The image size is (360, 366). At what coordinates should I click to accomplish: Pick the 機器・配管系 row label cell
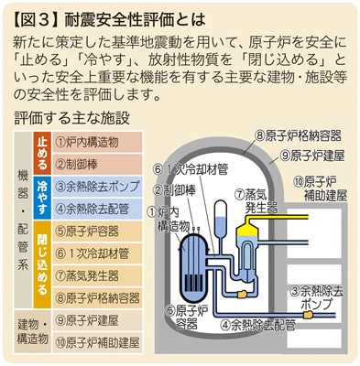pyautogui.click(x=23, y=220)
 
